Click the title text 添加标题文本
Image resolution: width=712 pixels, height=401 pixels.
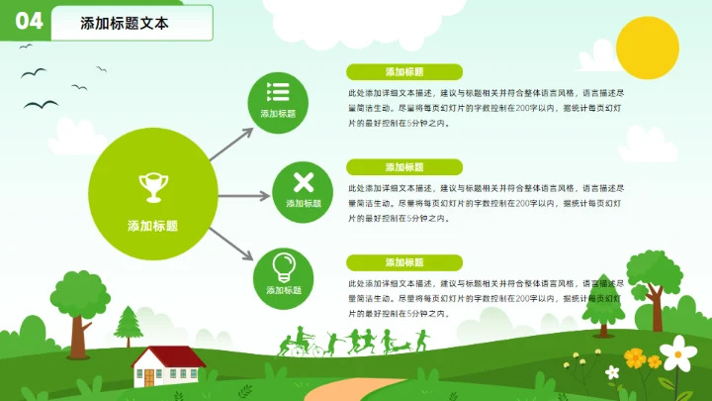(x=125, y=24)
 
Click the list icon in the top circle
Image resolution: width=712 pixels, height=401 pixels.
(x=278, y=92)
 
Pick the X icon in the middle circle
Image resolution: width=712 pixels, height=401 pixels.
(x=305, y=181)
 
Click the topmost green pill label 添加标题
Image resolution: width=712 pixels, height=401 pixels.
(x=404, y=72)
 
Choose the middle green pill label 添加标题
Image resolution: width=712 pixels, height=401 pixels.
(x=404, y=167)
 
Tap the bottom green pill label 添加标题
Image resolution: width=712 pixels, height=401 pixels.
(x=404, y=262)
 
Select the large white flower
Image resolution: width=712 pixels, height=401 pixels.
(x=677, y=351)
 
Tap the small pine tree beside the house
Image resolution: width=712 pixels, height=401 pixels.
(x=129, y=325)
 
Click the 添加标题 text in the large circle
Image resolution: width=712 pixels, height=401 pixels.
(x=152, y=226)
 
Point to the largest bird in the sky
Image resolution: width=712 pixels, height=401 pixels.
(x=42, y=105)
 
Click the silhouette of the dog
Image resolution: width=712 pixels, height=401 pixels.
(x=400, y=347)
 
